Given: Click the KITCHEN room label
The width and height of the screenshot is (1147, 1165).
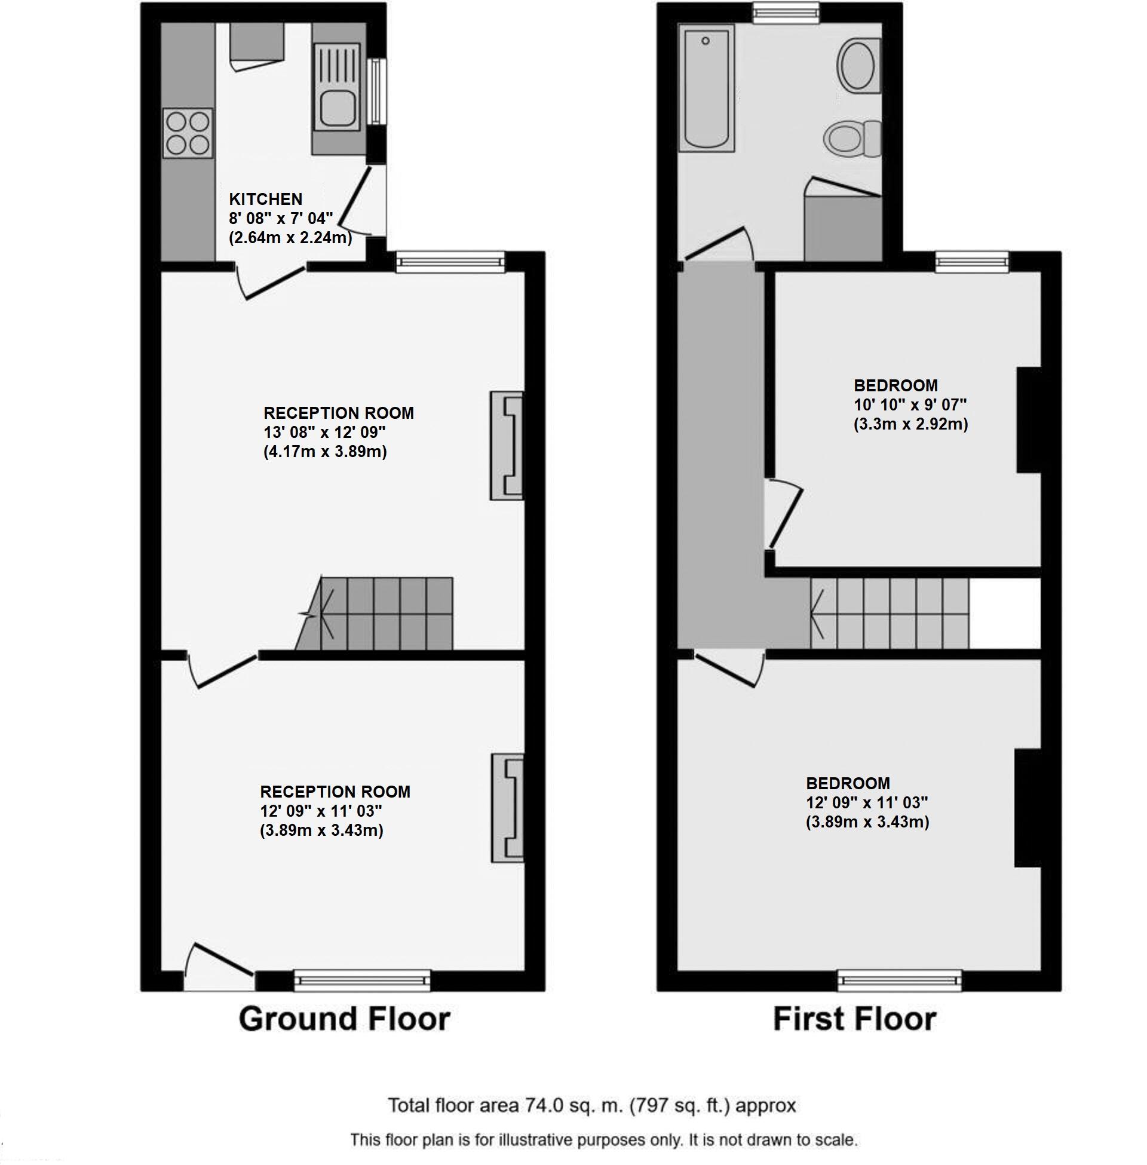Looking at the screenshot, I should point(265,200).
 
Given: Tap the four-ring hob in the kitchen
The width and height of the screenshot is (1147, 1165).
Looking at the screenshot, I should point(188,133).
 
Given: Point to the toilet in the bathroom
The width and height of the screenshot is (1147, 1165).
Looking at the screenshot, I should point(852,138).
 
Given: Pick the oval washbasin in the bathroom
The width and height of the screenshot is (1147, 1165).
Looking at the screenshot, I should point(857,65).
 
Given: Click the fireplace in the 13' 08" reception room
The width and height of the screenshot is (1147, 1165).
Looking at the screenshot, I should point(507,446).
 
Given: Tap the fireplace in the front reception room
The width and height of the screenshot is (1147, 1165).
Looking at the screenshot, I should point(507,807).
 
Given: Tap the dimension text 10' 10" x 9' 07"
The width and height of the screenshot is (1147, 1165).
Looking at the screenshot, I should point(910,405).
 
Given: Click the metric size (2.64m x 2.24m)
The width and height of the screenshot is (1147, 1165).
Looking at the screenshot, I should point(290,237).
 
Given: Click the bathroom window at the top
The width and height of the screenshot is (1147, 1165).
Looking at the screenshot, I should point(786,13).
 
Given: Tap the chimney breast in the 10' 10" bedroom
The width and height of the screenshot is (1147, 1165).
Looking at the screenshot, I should point(1029,420).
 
